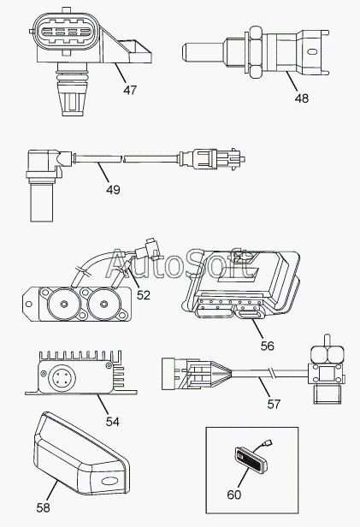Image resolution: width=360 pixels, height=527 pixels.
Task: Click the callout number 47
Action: [130, 90]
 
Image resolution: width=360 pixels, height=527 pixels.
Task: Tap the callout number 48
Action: [302, 98]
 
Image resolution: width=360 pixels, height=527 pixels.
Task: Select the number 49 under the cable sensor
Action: [113, 190]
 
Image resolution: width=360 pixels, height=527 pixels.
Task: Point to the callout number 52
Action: [144, 295]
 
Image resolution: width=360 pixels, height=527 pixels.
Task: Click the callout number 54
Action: [113, 422]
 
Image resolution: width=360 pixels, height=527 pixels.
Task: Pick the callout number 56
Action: [268, 346]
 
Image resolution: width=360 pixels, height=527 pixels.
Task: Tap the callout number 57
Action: [274, 404]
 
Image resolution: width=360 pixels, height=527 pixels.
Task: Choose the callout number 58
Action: [43, 507]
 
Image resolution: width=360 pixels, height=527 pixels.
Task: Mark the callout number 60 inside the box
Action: [234, 494]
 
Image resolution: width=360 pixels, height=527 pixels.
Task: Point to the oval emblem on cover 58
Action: [109, 481]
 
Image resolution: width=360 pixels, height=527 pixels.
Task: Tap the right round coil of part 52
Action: [103, 304]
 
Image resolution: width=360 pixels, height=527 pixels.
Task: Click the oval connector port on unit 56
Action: [250, 315]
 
